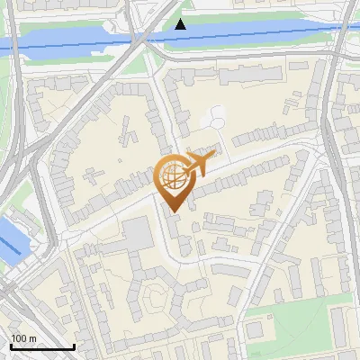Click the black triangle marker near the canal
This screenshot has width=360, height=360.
click(181, 24)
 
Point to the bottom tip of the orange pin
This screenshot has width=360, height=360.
click(172, 212)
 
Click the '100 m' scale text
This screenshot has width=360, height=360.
click(23, 339)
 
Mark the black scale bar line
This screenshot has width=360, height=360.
click(42, 347)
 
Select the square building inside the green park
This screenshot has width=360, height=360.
click(256, 330)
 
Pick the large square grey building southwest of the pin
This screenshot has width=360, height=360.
click(138, 234)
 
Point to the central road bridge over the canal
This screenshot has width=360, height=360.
click(140, 39)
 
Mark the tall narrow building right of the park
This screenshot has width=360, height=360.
click(339, 328)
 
